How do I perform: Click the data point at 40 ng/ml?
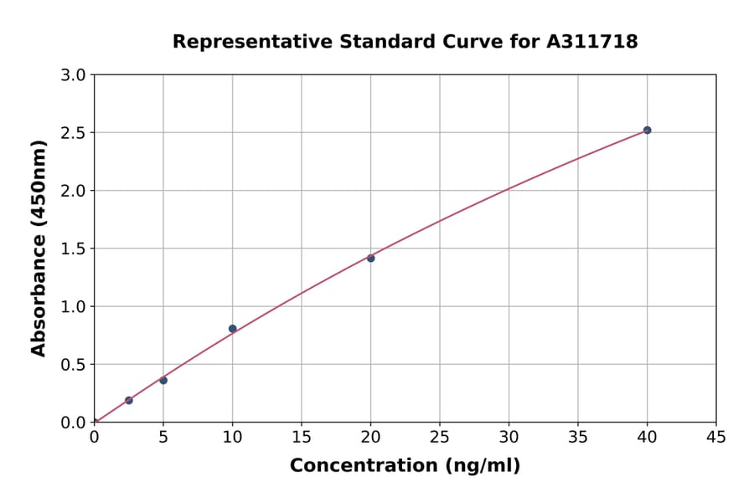click(647, 131)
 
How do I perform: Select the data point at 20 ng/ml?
click(370, 259)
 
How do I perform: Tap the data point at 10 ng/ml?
click(232, 329)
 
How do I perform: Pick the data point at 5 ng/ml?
click(163, 381)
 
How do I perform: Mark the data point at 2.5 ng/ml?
click(128, 401)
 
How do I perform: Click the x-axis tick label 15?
click(302, 437)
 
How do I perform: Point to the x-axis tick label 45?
click(716, 437)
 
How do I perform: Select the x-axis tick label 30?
click(509, 437)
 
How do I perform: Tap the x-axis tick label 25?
click(440, 437)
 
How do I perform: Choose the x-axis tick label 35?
click(578, 437)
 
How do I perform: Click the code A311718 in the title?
click(592, 41)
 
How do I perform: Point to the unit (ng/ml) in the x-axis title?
click(482, 466)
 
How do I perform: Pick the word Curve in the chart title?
click(479, 41)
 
